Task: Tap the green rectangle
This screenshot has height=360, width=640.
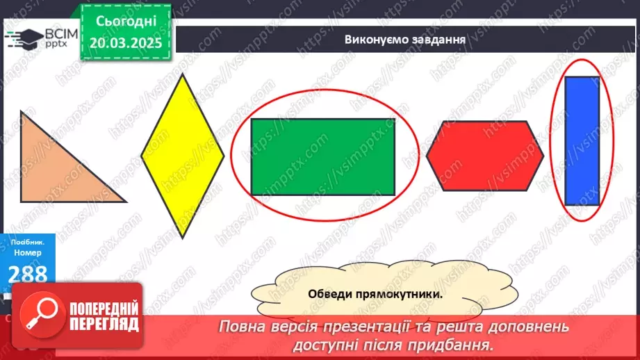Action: [x=322, y=156]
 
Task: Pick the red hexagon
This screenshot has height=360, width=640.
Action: [x=484, y=156]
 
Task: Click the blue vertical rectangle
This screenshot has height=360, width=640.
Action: [x=582, y=140]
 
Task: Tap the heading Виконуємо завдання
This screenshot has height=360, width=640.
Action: [x=404, y=39]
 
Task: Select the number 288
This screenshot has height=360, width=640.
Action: [x=28, y=272]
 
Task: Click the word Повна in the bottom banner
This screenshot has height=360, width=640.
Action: [x=245, y=327]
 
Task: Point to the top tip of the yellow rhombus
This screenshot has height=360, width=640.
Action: [x=183, y=74]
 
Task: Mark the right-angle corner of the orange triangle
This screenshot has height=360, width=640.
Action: [x=22, y=201]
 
